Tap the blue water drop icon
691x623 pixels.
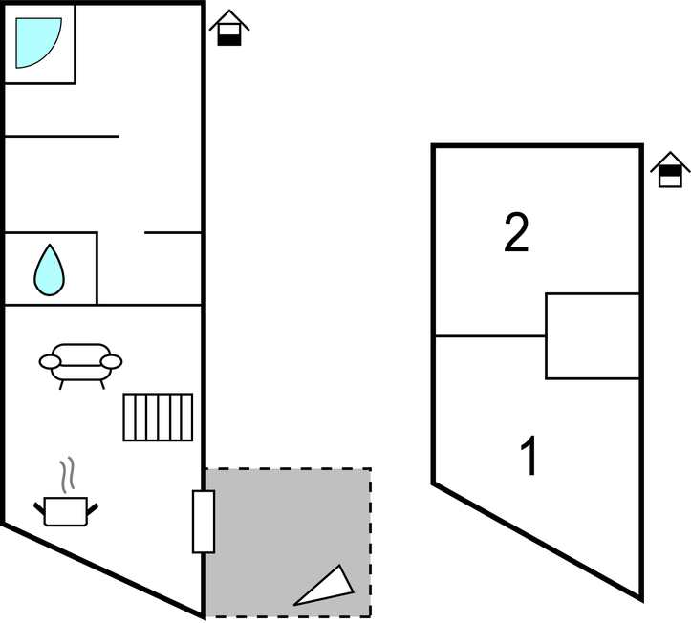tap(50, 270)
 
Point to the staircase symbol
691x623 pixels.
tap(158, 417)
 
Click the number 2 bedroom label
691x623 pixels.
tap(516, 232)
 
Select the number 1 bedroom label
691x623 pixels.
tap(529, 456)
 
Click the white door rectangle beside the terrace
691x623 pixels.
tap(204, 521)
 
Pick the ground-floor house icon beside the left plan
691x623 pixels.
tap(229, 28)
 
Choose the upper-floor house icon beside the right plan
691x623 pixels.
tap(670, 170)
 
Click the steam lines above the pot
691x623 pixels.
tap(67, 475)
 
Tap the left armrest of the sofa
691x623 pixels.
tap(50, 362)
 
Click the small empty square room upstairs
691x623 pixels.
tap(593, 335)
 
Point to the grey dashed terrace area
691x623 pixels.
tap(289, 543)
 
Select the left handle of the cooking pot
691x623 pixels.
tap(39, 508)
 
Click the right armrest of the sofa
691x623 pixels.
tap(111, 362)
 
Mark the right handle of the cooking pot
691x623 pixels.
tap(93, 508)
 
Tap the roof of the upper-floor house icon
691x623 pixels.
tap(670, 161)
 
